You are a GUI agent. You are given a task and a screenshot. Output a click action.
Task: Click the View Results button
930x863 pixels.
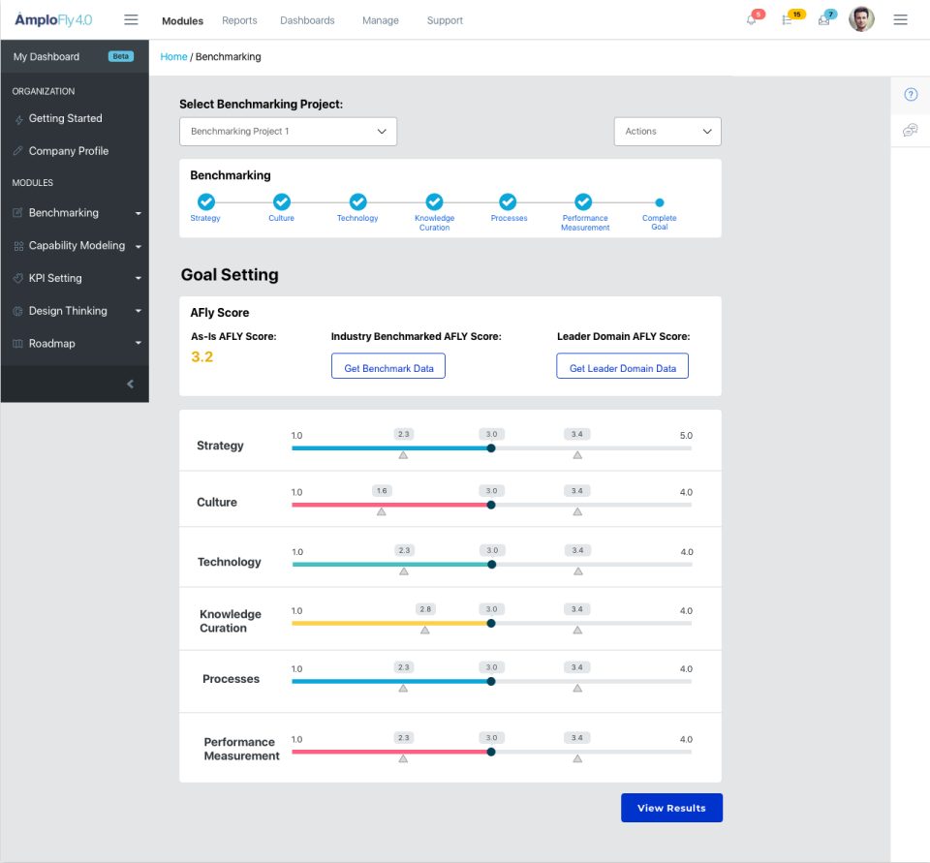671,808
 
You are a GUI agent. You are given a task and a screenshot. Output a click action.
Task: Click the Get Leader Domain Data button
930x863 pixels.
622,366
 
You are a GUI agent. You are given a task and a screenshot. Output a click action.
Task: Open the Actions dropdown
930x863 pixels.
667,132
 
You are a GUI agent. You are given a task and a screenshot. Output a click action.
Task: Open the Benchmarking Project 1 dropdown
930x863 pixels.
288,132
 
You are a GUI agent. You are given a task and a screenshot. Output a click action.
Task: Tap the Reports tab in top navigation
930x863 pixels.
239,20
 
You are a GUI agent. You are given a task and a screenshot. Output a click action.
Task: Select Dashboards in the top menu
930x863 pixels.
307,20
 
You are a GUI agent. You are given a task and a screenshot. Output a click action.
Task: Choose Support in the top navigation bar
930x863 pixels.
445,20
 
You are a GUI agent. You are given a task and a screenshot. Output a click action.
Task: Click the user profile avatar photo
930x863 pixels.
861,19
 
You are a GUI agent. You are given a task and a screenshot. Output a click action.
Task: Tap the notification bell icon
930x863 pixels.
752,20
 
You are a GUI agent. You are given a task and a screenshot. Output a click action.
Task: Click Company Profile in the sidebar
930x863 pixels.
68,151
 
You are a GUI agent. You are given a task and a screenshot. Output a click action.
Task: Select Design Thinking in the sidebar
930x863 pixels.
68,311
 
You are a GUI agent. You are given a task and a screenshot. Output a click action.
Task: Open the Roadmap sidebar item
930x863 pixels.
51,344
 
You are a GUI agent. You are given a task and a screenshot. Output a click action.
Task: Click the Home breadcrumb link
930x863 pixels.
173,57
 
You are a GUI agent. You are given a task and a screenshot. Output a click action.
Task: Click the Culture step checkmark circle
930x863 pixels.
281,201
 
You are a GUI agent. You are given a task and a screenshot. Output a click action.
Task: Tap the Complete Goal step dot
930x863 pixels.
660,202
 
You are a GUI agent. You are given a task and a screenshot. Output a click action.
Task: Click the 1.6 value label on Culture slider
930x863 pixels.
382,491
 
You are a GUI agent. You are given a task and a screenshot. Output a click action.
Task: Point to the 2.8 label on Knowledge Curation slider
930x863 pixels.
425,609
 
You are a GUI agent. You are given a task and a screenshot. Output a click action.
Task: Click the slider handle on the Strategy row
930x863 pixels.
491,448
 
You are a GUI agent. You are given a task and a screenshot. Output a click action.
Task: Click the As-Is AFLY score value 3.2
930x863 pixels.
201,357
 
